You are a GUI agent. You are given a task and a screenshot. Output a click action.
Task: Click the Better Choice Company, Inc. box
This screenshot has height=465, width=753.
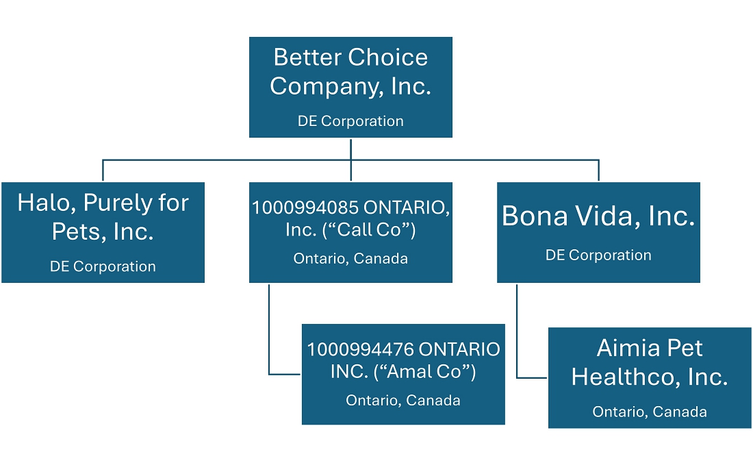click(350, 87)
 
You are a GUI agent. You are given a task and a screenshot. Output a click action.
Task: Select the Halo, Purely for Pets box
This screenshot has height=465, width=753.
click(103, 232)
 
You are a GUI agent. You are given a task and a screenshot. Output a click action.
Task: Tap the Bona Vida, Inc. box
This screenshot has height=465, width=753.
click(598, 232)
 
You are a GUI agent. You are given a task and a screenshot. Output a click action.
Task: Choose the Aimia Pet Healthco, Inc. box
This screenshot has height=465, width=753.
click(650, 377)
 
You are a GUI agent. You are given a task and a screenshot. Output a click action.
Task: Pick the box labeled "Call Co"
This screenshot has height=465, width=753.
click(350, 232)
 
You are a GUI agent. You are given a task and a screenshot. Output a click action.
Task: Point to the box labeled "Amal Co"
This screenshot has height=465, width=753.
click(403, 374)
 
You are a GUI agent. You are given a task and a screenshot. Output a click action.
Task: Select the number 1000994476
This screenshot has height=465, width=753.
click(360, 350)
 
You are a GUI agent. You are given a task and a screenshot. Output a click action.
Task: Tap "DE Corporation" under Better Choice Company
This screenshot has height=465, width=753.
click(350, 121)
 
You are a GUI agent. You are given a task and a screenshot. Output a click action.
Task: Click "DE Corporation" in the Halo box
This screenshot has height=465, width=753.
click(103, 266)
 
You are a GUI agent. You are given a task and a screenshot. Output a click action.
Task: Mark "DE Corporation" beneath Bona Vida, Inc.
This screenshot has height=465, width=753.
click(598, 255)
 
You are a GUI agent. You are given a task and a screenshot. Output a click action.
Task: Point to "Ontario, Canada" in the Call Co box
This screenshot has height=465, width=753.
click(350, 259)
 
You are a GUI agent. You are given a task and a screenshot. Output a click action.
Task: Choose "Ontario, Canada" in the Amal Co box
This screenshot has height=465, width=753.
click(403, 401)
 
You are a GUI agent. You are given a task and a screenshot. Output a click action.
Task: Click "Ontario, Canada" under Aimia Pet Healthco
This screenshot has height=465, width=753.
click(650, 412)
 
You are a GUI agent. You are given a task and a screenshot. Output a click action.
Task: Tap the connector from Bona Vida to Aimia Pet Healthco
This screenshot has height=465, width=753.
click(517, 336)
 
